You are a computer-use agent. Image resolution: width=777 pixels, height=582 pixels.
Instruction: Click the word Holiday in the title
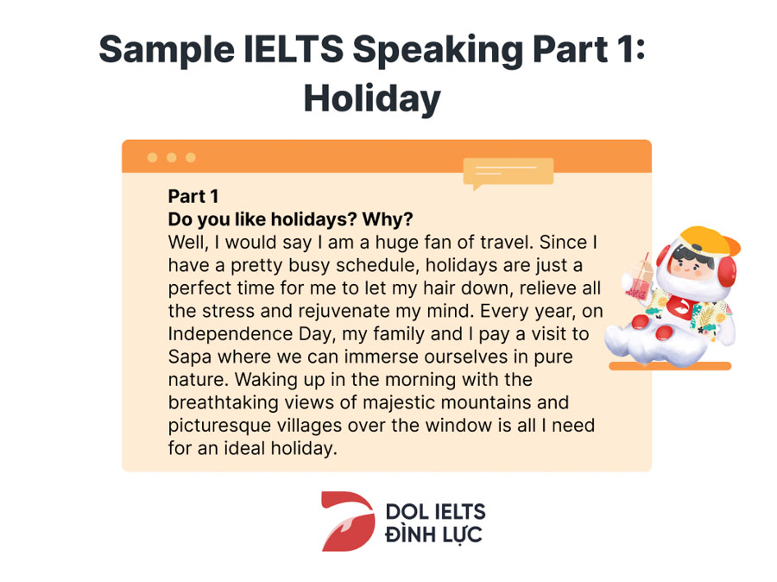(372, 98)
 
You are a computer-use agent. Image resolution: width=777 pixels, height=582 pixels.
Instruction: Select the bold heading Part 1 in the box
(193, 196)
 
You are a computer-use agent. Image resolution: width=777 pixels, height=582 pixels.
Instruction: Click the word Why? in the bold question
(388, 219)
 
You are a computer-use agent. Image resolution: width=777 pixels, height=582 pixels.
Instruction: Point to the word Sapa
(190, 357)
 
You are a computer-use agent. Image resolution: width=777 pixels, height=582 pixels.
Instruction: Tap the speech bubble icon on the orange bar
(508, 173)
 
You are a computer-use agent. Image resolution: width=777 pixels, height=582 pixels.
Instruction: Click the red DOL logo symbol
(348, 521)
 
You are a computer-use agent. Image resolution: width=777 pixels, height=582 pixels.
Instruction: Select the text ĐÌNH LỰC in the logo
(433, 535)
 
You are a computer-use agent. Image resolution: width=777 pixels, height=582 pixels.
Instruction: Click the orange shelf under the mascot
(670, 366)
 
